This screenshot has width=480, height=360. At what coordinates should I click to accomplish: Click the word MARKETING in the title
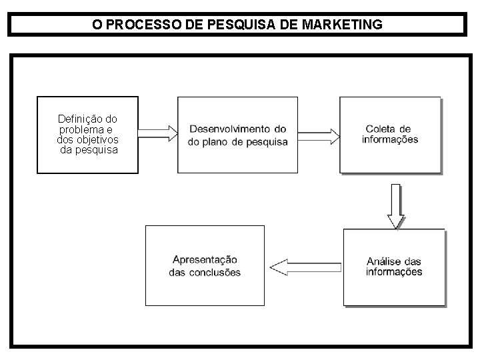342,25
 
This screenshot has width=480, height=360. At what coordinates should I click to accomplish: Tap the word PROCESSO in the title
138,25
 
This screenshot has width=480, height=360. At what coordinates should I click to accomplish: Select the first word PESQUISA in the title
237,25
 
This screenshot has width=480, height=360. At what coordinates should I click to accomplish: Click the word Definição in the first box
78,119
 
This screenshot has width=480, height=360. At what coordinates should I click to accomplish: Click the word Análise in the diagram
383,261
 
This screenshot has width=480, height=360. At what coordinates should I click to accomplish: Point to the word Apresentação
205,260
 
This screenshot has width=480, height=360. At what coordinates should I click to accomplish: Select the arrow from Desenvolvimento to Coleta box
319,136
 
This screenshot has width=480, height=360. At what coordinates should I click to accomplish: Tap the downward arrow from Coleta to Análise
396,205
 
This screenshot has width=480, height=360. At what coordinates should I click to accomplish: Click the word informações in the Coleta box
390,139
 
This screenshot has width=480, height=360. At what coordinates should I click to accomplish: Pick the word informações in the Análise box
394,272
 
